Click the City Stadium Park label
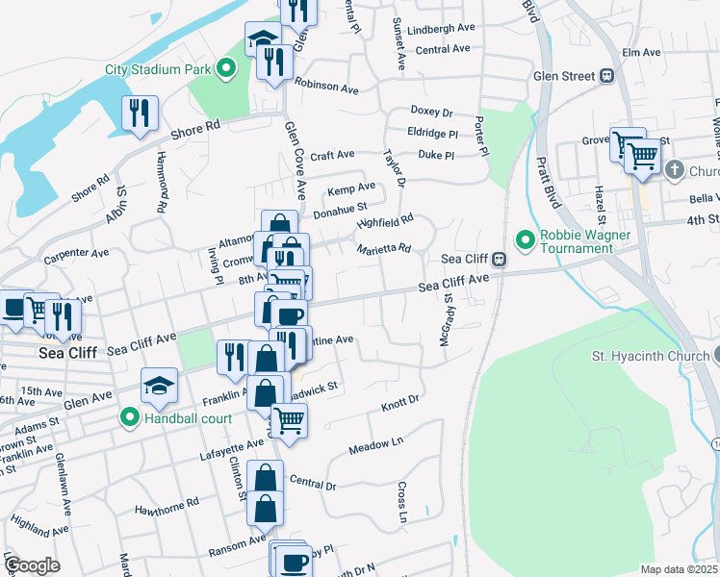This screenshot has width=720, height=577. coord(159,69)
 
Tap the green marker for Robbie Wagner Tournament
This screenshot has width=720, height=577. coord(526,238)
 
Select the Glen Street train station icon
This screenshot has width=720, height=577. coord(607,75)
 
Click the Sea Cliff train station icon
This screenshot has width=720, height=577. coord(500,259)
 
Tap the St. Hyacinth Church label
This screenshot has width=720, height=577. coord(647,357)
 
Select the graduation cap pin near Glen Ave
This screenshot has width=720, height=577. coord(160,387)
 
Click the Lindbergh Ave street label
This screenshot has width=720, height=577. coord(442,29)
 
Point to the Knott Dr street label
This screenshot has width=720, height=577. coord(400,400)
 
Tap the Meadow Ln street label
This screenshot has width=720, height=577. coord(375,445)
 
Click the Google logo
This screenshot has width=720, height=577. coord(32,564)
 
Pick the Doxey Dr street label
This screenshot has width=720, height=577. coord(431,111)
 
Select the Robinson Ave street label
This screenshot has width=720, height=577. coord(326,87)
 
